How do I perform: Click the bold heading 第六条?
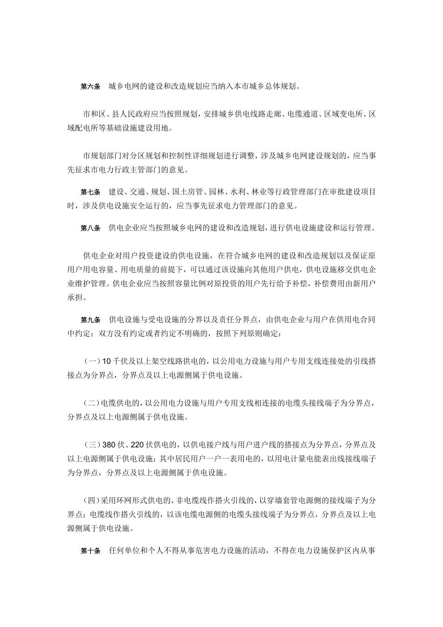click(90, 86)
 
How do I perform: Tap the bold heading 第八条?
click(90, 228)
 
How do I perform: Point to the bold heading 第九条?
click(90, 320)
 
